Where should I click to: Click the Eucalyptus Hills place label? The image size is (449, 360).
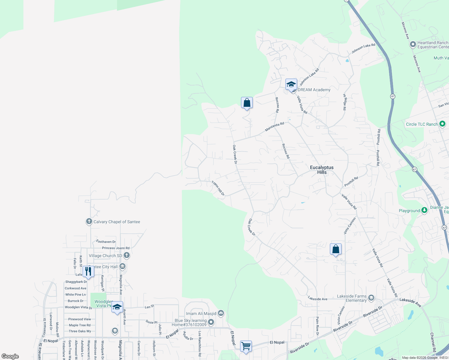click(x=322, y=170)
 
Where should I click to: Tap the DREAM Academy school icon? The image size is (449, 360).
click(x=291, y=85)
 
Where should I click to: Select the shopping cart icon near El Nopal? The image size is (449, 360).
click(x=246, y=346)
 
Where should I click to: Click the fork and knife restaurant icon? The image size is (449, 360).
click(x=88, y=271)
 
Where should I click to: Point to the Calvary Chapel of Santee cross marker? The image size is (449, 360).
click(x=89, y=222)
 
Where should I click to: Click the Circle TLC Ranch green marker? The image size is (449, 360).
click(x=442, y=124)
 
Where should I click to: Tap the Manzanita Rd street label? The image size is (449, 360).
click(x=274, y=127)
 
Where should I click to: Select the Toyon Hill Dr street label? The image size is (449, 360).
click(x=218, y=188)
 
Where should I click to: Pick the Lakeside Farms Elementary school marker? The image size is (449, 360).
click(x=371, y=298)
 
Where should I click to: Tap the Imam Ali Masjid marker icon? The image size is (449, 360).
click(x=221, y=313)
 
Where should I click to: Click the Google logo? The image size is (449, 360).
click(x=10, y=356)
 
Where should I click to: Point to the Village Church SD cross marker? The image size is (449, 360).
click(x=127, y=256)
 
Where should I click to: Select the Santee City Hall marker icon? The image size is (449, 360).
click(x=122, y=266)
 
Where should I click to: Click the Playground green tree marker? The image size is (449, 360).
click(x=424, y=210)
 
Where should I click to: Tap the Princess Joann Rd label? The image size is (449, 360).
click(x=116, y=248)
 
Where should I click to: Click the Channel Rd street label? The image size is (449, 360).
click(x=433, y=342)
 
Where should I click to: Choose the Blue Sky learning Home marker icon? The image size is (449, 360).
click(x=211, y=322)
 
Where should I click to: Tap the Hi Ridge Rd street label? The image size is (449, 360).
click(x=345, y=102)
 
